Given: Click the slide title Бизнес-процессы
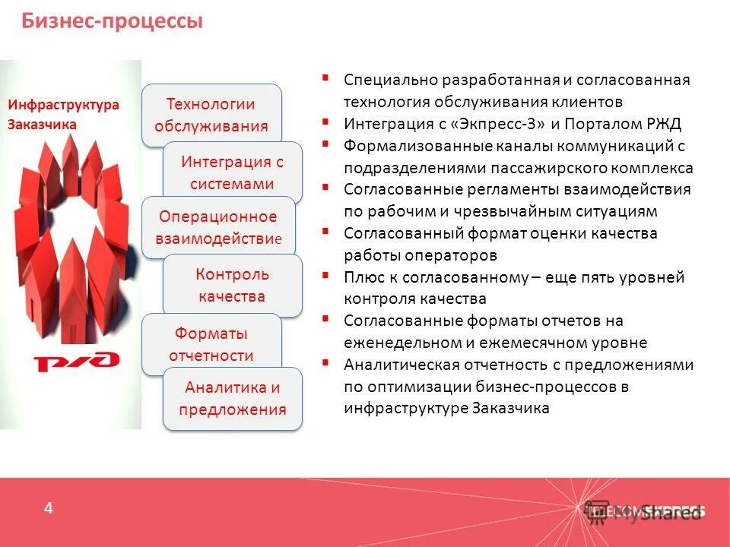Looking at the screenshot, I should coord(112,21).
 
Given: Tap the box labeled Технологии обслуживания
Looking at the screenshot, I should coord(211,115).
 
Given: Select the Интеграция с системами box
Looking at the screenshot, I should coord(233,172).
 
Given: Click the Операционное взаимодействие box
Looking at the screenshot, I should coord(219,227).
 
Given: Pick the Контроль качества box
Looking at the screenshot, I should coord(233,285).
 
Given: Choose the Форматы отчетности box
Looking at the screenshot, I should coord(211,343).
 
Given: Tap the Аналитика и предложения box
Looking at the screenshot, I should coord(233,398).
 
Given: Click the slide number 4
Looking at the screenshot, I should coord(49,508).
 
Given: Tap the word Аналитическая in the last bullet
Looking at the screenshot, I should coord(394,365).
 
